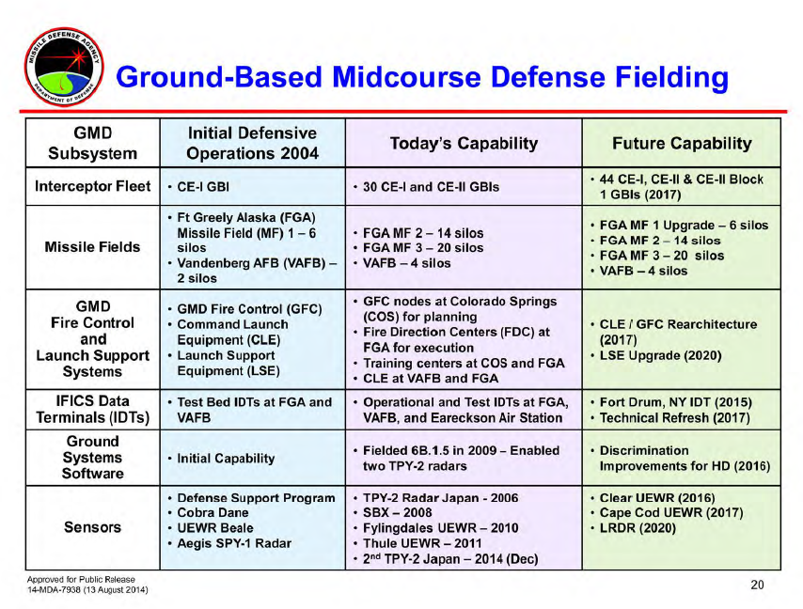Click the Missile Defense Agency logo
pyautogui.click(x=64, y=67)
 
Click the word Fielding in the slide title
pyautogui.click(x=671, y=78)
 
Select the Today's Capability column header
pyautogui.click(x=464, y=143)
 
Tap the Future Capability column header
pyautogui.click(x=682, y=143)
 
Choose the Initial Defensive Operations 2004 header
pyautogui.click(x=253, y=143)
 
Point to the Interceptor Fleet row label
pyautogui.click(x=93, y=186)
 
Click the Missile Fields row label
pyautogui.click(x=93, y=247)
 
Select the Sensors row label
pyautogui.click(x=93, y=527)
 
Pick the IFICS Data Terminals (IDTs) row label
pyautogui.click(x=93, y=410)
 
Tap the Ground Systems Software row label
pyautogui.click(x=93, y=458)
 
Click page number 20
pyautogui.click(x=758, y=585)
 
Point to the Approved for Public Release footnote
pyautogui.click(x=81, y=580)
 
